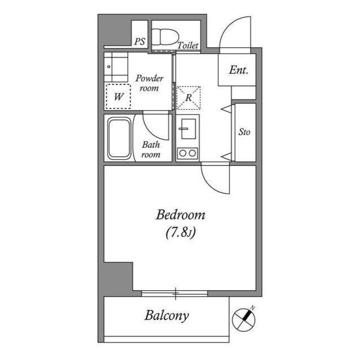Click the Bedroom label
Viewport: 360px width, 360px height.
(x=180, y=215)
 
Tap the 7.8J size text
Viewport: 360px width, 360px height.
(x=180, y=232)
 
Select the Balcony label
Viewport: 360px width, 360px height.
(x=166, y=315)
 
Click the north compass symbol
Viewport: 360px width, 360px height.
(x=244, y=318)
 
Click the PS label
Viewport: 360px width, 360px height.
(x=139, y=42)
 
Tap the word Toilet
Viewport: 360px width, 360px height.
(x=188, y=46)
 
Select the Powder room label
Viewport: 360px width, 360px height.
(x=149, y=83)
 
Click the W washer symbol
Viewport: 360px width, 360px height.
(x=118, y=96)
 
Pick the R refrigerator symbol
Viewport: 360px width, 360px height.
(x=189, y=97)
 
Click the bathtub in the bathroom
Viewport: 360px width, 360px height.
(x=119, y=138)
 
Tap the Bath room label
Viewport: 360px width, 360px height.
(x=151, y=150)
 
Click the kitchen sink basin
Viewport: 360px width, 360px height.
(x=187, y=130)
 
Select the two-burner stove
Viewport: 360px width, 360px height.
(x=187, y=152)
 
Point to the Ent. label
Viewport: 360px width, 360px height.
(x=238, y=70)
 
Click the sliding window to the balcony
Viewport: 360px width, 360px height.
(x=175, y=293)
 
